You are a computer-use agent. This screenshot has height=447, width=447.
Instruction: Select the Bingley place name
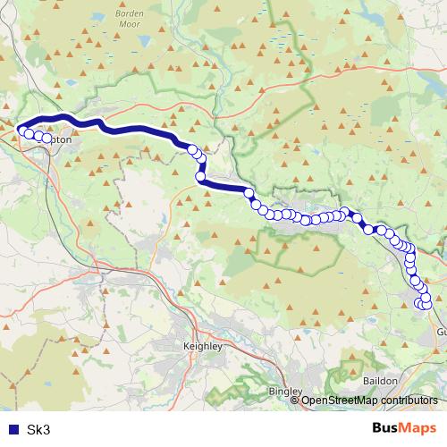pyautogui.click(x=285, y=391)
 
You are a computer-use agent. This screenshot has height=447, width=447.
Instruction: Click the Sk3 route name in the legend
pyautogui.click(x=39, y=430)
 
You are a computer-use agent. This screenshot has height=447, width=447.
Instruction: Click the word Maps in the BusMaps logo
pyautogui.click(x=418, y=428)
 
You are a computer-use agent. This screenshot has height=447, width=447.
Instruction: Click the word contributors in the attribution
pyautogui.click(x=408, y=400)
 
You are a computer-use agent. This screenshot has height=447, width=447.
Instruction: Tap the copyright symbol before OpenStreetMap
pyautogui.click(x=296, y=400)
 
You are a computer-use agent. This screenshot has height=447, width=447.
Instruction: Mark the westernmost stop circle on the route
pyautogui.click(x=21, y=131)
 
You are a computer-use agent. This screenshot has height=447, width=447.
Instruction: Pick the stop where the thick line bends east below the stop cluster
pyautogui.click(x=201, y=177)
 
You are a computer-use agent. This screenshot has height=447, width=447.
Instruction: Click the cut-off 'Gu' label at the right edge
pyautogui.click(x=441, y=331)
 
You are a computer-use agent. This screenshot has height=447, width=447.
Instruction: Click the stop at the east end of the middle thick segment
pyautogui.click(x=249, y=193)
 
